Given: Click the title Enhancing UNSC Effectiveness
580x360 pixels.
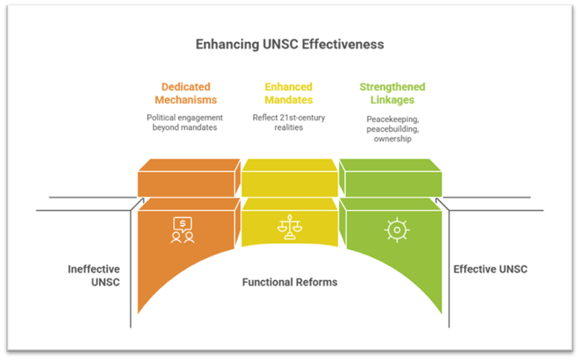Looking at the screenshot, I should point(289,44).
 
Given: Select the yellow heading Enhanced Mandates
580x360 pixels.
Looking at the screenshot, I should point(289,93).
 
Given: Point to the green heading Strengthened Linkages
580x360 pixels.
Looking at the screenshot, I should point(392,93).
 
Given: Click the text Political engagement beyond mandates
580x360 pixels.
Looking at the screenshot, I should point(184,123).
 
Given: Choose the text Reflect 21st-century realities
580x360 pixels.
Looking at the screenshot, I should point(289,123).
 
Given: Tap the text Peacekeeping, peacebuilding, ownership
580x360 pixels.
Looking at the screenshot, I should point(392,129).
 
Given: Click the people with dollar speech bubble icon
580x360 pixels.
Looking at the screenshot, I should point(183,229).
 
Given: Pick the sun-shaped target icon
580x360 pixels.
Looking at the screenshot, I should point(397,229).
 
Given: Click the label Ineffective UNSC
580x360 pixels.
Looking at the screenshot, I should point(95,275).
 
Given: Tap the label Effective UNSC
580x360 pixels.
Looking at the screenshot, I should point(490,269).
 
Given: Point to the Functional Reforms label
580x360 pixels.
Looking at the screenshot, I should point(289,282).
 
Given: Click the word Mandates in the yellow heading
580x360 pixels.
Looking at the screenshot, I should point(289,100).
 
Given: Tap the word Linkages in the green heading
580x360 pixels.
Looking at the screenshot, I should point(392,100).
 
